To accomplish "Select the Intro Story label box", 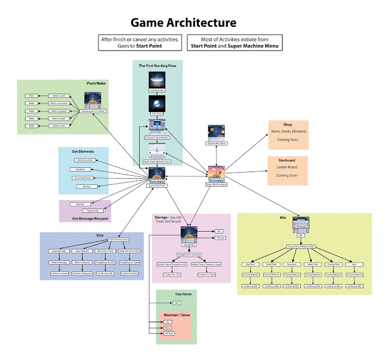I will tap(157, 114).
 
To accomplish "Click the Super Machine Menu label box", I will tap(216, 184).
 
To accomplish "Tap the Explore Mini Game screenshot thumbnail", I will tap(216, 133).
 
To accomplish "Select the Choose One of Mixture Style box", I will tap(304, 246).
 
